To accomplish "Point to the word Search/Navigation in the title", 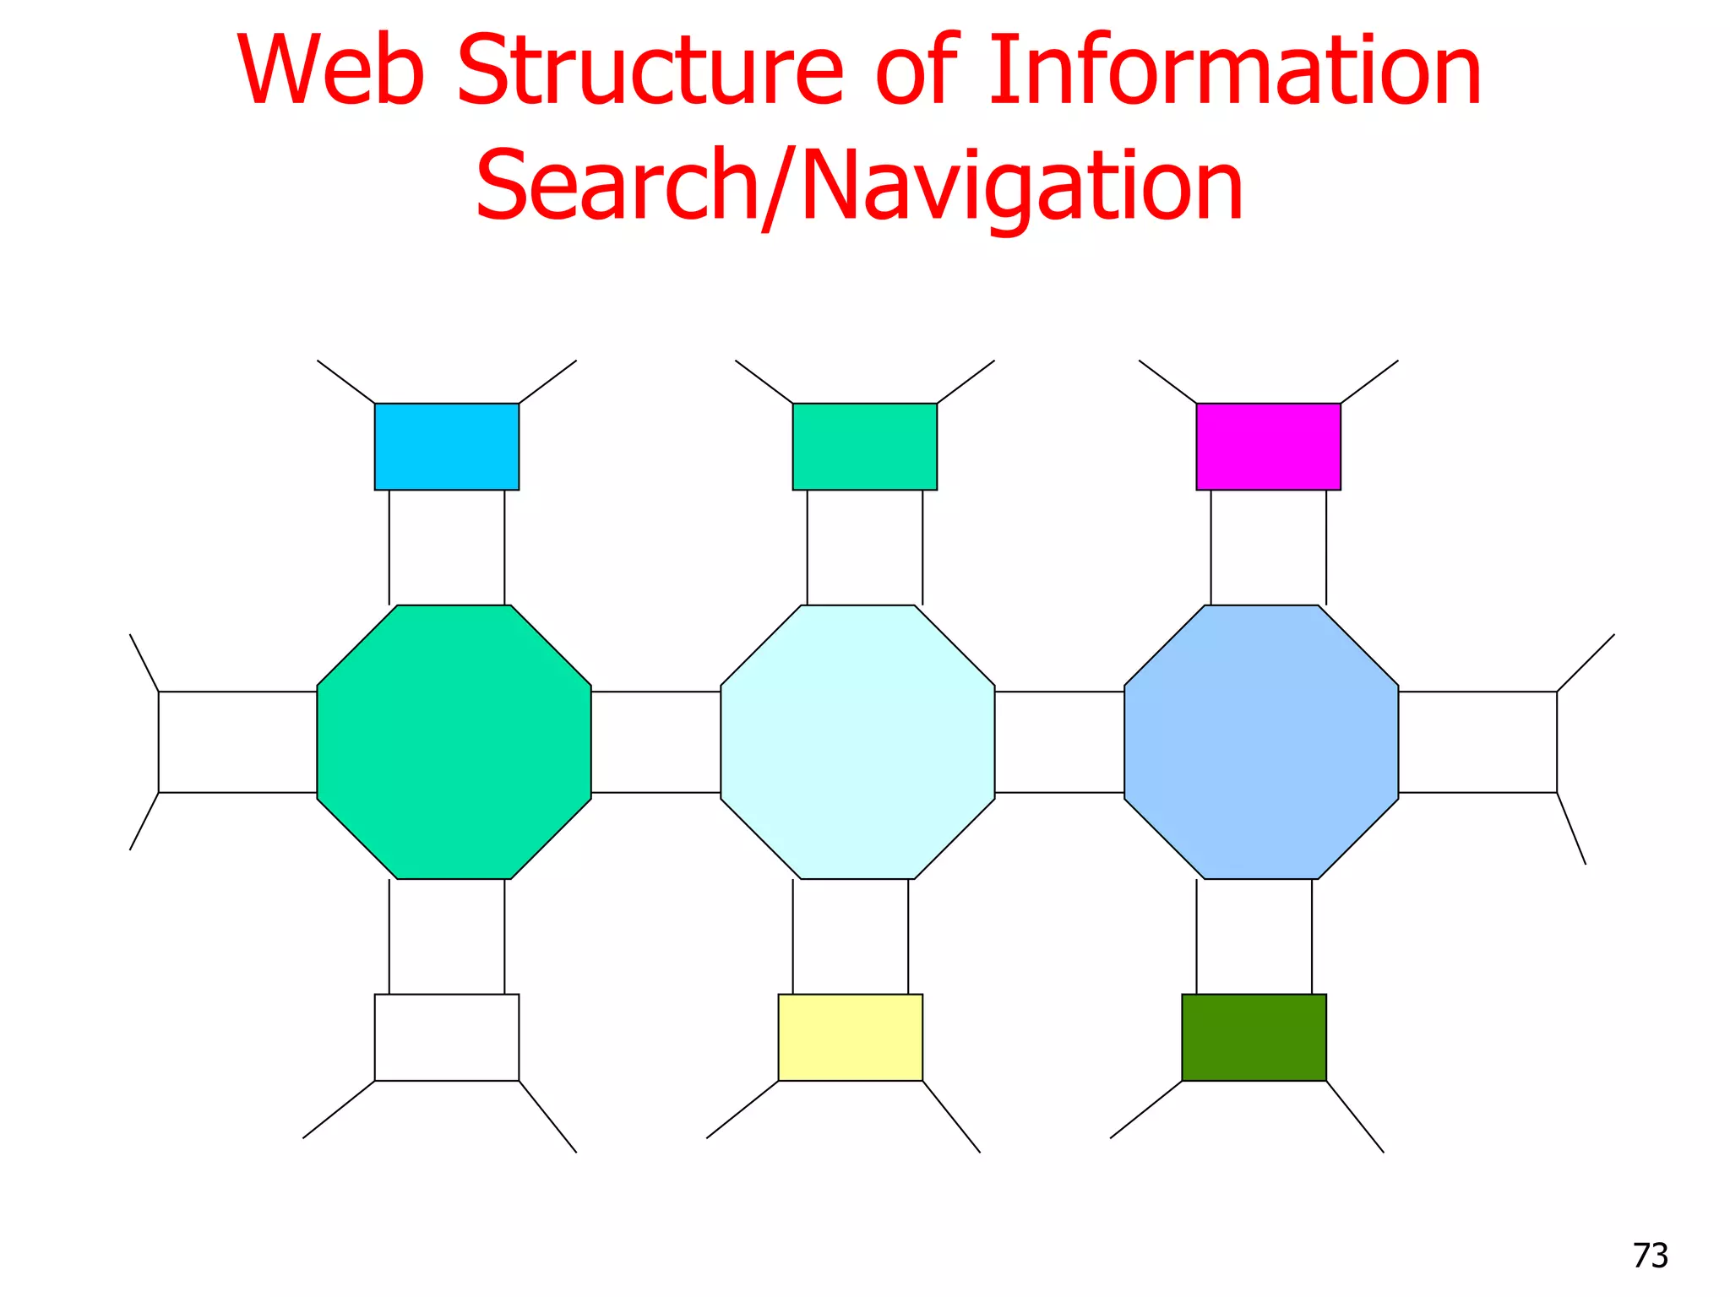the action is coord(859,186).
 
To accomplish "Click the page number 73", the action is coord(1650,1256).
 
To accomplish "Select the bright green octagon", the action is coord(454,742).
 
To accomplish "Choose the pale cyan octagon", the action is coord(857,742).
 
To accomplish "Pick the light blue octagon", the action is coord(1261,742).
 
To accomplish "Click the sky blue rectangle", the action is coord(447,447).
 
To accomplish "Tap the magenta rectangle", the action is coord(1268,447).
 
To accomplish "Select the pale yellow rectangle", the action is coord(850,1037).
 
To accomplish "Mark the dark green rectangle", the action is coord(1254,1037).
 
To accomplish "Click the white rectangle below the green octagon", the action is coord(447,1037).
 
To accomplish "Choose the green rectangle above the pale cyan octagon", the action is coord(864,447).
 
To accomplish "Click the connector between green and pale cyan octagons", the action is coord(656,742).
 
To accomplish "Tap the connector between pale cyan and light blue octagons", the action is coord(1059,742).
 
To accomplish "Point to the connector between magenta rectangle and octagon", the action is coord(1268,547).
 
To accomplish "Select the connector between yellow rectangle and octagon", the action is coord(850,936).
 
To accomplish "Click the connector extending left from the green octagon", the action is coord(237,742).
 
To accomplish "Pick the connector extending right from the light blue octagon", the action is coord(1477,742).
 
